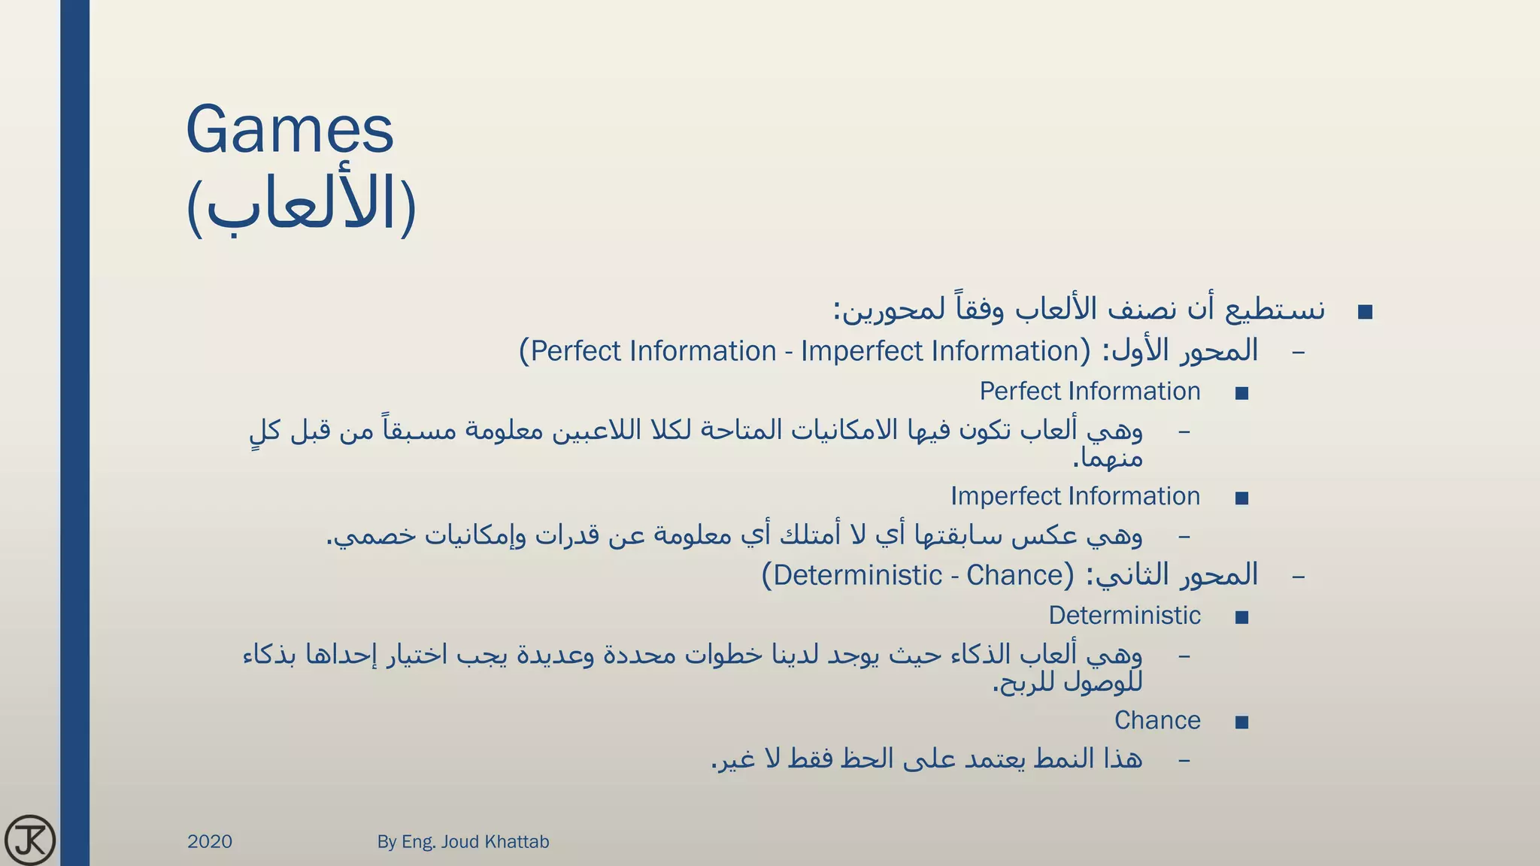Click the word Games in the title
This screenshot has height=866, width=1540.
(x=290, y=129)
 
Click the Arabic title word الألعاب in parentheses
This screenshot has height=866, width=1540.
(x=301, y=204)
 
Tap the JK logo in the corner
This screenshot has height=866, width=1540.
(x=30, y=840)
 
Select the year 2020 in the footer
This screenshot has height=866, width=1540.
(x=210, y=842)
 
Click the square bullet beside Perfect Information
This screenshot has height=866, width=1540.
(x=1241, y=393)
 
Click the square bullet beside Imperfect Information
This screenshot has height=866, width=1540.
(x=1241, y=498)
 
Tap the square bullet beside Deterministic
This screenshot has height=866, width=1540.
(x=1241, y=618)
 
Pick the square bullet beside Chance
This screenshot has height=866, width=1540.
(x=1241, y=722)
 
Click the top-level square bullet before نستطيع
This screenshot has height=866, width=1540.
(x=1366, y=312)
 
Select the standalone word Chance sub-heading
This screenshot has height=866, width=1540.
(x=1157, y=720)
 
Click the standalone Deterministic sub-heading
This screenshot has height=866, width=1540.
(x=1124, y=616)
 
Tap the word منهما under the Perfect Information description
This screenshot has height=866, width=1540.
(x=1108, y=458)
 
